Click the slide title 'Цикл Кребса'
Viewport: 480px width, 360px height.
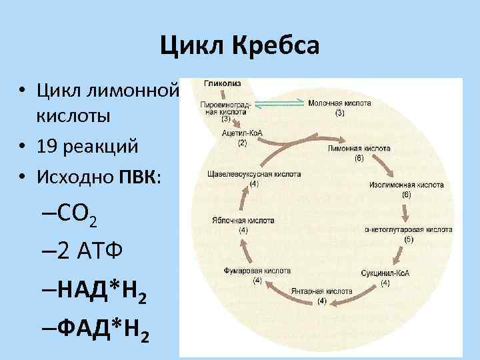[x=240, y=45]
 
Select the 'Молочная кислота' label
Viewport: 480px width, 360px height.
[x=339, y=103]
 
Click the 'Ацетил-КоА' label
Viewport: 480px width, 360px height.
[x=242, y=133]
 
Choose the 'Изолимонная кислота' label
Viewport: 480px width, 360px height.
[x=406, y=185]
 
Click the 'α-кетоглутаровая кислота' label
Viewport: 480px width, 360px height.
[x=408, y=229]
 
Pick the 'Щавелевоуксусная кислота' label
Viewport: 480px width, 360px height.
[x=255, y=175]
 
